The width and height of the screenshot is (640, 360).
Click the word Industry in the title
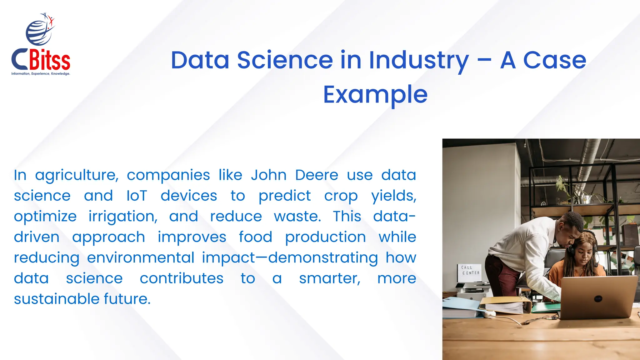[419, 60]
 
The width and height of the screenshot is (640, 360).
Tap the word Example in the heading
[375, 94]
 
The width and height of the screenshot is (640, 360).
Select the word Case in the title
[554, 60]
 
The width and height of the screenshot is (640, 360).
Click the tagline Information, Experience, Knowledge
[41, 74]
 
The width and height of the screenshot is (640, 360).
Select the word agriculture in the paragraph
[77, 175]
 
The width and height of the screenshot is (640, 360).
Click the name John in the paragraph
[268, 175]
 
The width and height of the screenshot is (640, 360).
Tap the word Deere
[317, 175]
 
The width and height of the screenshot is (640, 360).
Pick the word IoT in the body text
[137, 196]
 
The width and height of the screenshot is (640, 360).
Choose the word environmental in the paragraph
[141, 258]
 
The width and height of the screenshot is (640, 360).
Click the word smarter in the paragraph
[330, 278]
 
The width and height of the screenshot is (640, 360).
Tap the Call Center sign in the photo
[470, 270]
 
